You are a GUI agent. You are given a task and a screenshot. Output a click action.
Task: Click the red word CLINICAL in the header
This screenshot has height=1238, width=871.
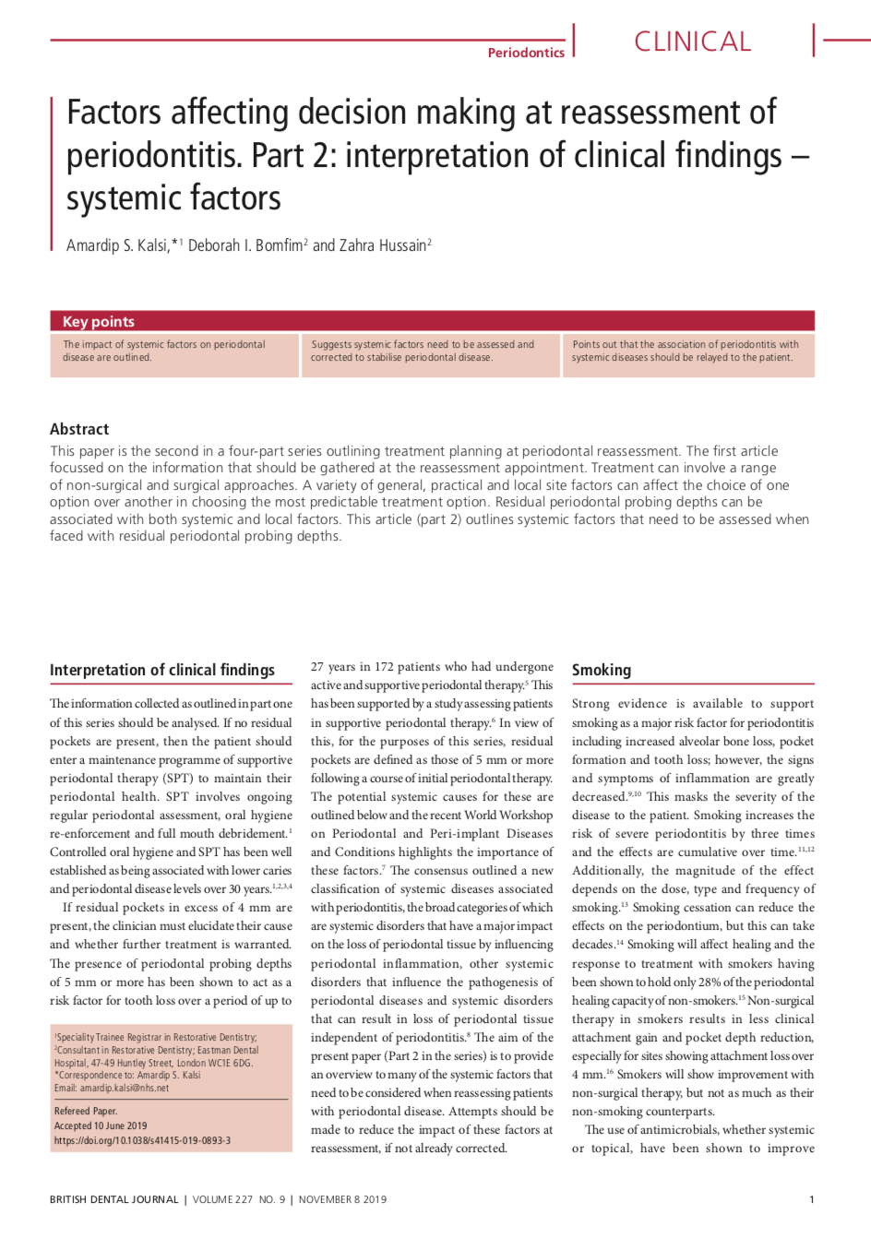(692, 42)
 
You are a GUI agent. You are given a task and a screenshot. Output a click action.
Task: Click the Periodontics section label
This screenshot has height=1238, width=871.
(526, 53)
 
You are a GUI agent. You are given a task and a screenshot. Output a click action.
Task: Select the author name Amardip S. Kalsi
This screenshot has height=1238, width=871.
(117, 245)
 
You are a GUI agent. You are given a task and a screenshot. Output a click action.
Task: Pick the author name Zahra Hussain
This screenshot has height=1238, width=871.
(382, 245)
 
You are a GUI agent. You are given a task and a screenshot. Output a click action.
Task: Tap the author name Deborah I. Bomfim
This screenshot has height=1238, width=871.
(245, 245)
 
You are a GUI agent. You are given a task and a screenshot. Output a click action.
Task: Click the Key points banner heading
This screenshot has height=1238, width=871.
(99, 321)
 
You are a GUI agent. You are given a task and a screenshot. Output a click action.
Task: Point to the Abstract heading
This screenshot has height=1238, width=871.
(79, 429)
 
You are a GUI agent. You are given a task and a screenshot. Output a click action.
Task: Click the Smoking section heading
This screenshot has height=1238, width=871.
(602, 671)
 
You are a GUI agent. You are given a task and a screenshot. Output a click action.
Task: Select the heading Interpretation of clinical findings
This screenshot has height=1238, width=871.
(162, 671)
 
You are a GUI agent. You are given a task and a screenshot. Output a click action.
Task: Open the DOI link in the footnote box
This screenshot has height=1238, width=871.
(142, 1140)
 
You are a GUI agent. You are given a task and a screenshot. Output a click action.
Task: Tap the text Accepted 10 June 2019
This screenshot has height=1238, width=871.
(101, 1125)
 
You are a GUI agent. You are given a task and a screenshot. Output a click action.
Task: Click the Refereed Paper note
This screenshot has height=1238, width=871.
(86, 1111)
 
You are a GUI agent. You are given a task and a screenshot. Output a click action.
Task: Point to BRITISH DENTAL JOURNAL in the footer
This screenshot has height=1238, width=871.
(114, 1199)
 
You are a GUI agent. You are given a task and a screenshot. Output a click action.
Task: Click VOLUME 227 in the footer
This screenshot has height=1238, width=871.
(222, 1199)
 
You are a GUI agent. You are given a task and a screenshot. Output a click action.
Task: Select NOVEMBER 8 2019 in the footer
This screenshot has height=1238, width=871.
(342, 1199)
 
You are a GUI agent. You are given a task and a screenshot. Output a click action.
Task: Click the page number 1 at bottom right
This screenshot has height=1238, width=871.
(812, 1199)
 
